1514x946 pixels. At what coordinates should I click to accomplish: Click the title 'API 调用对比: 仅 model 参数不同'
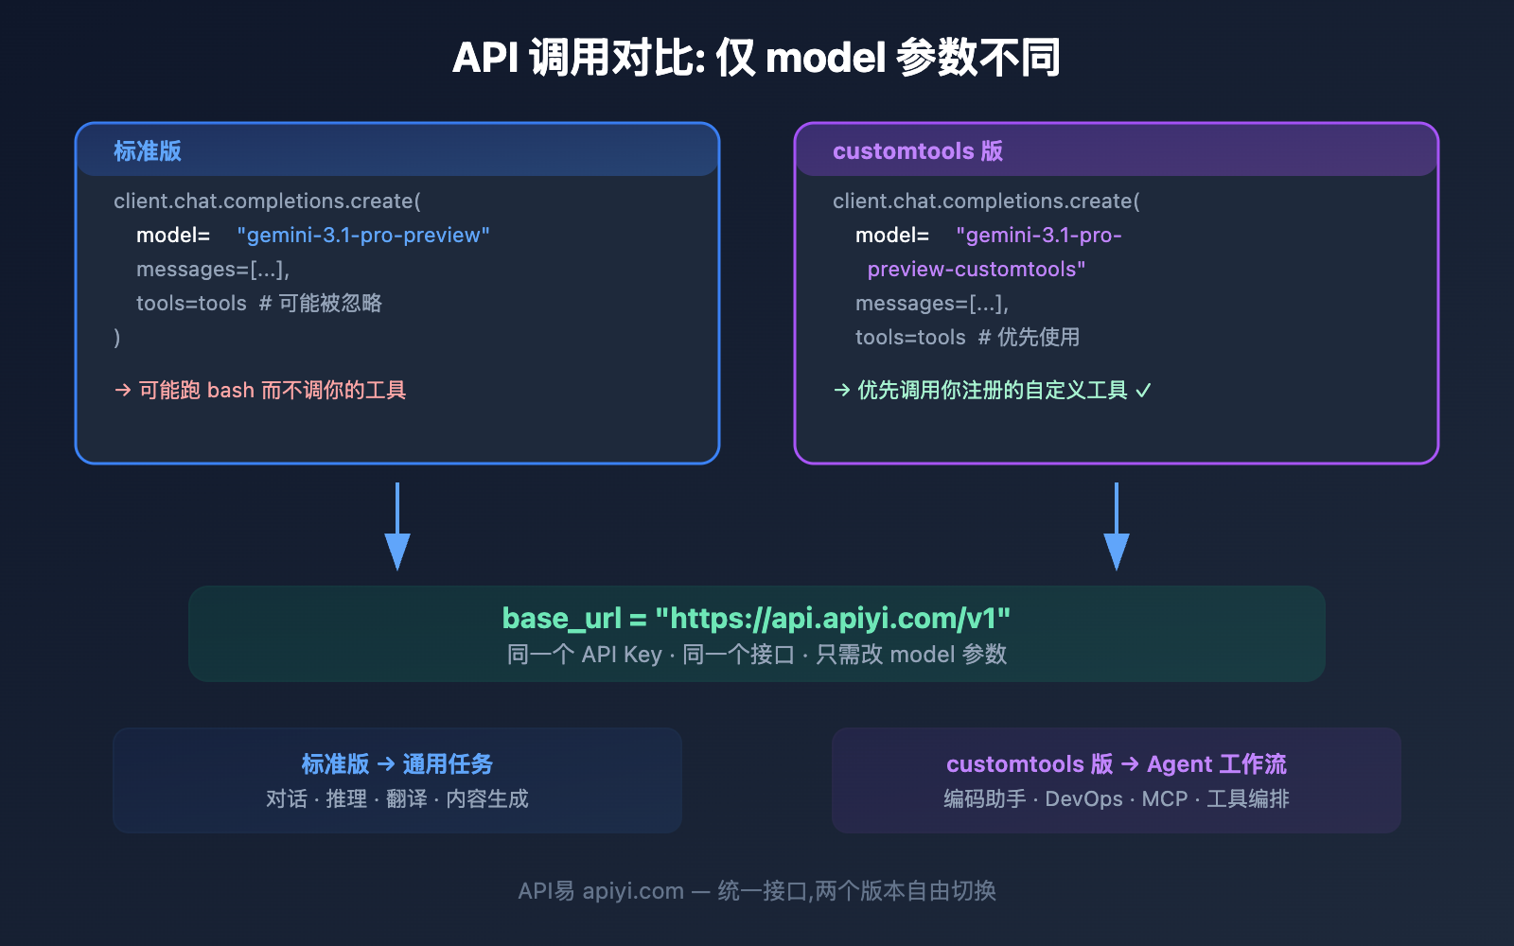756,58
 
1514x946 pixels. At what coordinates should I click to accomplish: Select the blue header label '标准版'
148,151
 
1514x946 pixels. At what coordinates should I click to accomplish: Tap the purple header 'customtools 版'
917,151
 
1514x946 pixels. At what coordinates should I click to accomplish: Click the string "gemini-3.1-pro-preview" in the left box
363,235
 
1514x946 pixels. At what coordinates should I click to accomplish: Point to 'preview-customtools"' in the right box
976,270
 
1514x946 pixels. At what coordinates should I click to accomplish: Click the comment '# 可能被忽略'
321,304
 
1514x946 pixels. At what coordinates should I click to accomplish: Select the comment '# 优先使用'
1029,338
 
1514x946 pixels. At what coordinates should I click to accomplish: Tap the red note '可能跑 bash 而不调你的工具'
272,391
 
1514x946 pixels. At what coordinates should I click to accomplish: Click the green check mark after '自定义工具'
1143,391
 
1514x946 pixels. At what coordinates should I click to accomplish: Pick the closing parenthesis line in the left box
117,338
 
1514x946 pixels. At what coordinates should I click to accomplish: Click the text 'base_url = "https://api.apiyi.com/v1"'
756,618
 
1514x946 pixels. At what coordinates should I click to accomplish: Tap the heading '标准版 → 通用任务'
397,763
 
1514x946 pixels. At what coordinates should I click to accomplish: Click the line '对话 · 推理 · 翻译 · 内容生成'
397,799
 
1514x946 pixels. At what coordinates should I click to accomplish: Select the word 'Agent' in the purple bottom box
1179,763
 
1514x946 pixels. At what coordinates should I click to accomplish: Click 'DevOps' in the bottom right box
1083,799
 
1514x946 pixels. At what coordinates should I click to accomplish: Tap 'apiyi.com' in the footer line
633,891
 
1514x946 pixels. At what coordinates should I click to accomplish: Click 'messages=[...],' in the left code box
213,270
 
